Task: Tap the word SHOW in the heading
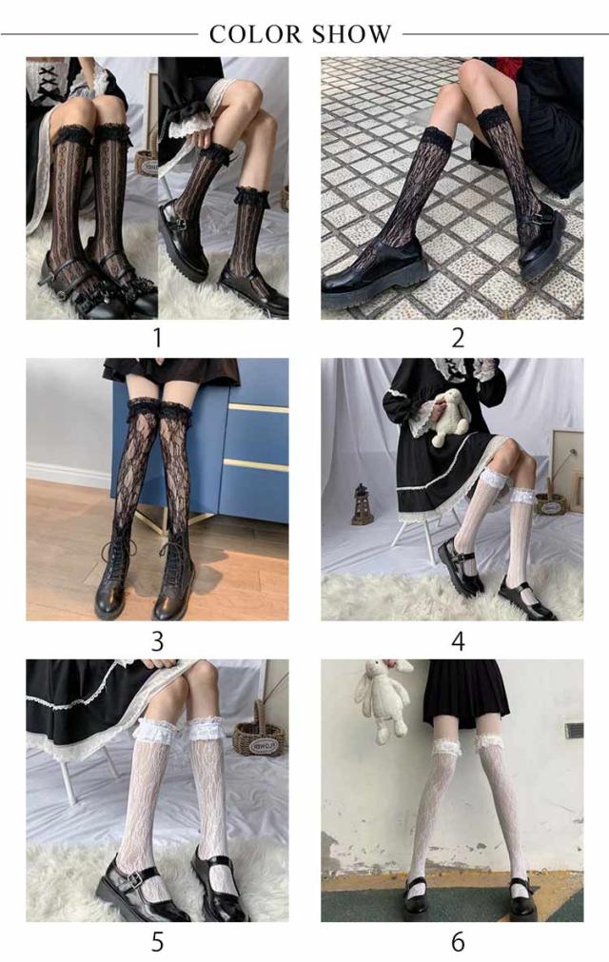tap(350, 34)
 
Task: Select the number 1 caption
tap(158, 338)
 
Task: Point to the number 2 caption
tap(458, 338)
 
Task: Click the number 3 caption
tap(158, 641)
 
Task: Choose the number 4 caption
tap(458, 641)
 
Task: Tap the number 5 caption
tap(158, 942)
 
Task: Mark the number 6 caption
tap(458, 942)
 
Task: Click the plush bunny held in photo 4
tap(450, 417)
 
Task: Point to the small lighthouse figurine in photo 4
tap(362, 504)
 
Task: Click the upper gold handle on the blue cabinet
tap(258, 408)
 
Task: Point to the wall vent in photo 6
tap(574, 731)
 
